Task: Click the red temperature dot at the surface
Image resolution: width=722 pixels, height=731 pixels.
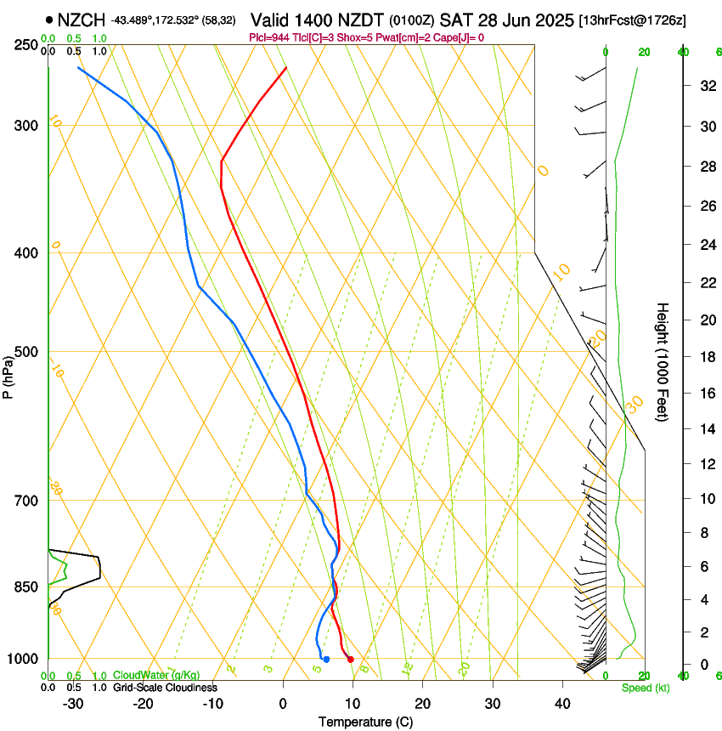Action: click(x=350, y=660)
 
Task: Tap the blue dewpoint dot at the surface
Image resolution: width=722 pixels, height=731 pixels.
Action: click(x=326, y=660)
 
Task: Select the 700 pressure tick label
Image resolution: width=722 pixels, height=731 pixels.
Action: click(x=27, y=501)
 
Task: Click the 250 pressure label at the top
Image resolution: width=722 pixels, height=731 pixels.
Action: click(x=27, y=45)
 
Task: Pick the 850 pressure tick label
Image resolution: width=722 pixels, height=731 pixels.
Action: click(x=27, y=587)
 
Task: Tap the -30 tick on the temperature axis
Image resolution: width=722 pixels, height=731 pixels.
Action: click(x=74, y=703)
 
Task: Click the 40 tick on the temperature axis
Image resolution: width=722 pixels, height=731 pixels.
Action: click(x=562, y=703)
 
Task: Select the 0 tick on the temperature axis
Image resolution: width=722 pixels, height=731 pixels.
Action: click(x=284, y=703)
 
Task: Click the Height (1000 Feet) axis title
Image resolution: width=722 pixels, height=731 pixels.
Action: click(x=663, y=361)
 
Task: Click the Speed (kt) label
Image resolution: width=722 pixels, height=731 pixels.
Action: click(x=645, y=688)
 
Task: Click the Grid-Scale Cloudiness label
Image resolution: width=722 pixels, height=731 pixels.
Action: click(x=165, y=687)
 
